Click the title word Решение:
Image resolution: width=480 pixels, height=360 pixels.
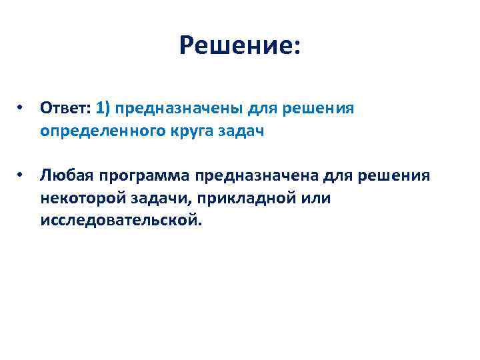pos(240,47)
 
